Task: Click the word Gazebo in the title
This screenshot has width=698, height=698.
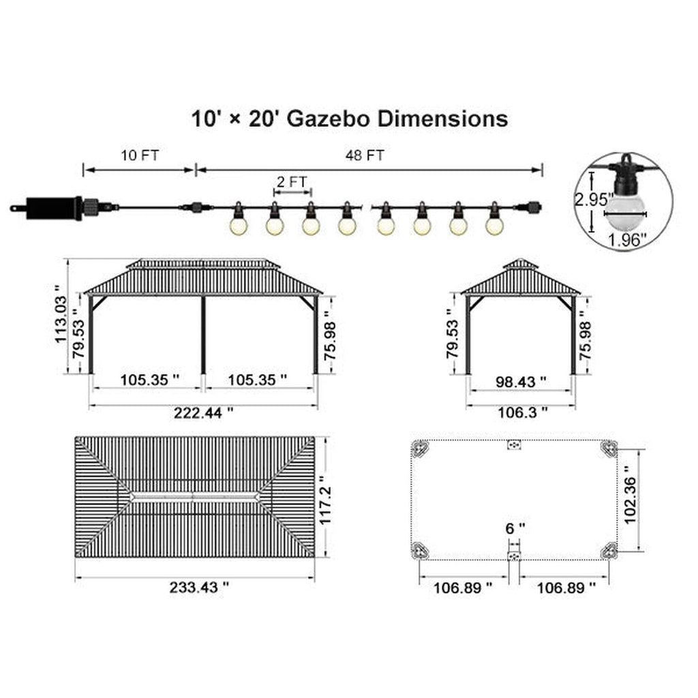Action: pos(328,120)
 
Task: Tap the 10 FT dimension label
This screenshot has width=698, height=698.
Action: pos(140,155)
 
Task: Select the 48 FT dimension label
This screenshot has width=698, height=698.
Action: pos(365,155)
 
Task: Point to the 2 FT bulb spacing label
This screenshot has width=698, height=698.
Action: pos(292,181)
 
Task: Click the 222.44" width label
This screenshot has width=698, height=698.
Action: pos(203,413)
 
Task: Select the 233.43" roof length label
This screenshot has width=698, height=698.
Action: pos(199,587)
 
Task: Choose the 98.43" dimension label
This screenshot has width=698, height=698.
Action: pos(521,382)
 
